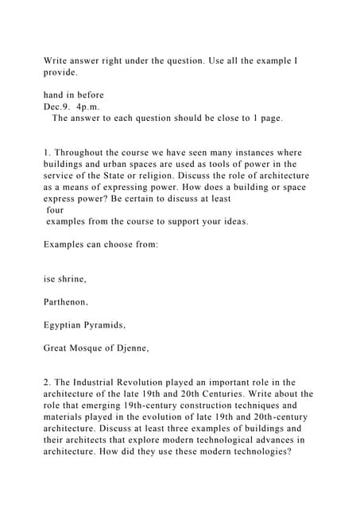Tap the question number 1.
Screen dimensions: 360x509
click(47, 153)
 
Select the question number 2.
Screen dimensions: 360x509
click(47, 383)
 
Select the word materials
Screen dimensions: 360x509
click(68, 417)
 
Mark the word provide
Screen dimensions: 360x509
click(61, 72)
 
